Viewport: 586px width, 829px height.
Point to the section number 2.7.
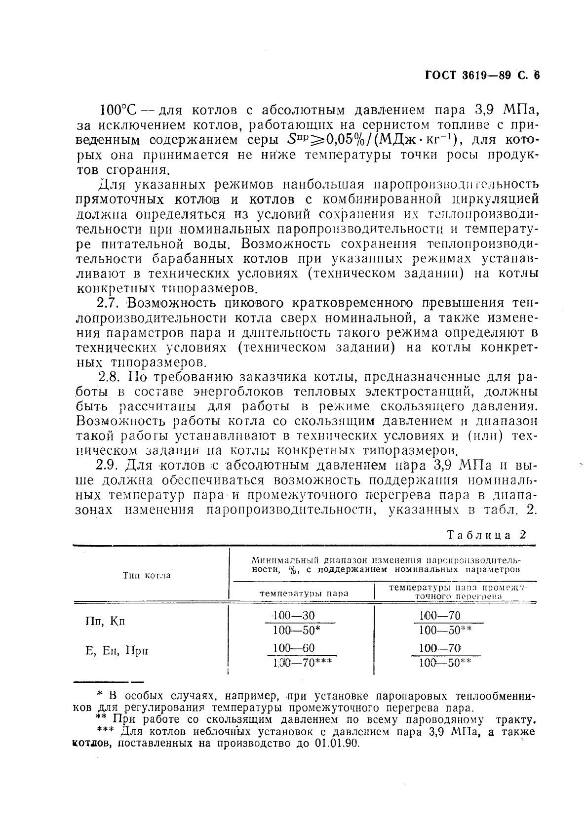tap(111, 303)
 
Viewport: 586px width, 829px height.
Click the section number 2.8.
tap(110, 377)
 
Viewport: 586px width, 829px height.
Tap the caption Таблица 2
tap(486, 535)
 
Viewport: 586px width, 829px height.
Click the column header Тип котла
tap(147, 575)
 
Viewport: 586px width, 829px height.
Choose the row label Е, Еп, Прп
tap(117, 651)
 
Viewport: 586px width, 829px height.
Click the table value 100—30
tap(294, 615)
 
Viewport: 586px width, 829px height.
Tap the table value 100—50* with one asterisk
tap(297, 630)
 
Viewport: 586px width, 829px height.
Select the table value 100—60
tap(294, 648)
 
